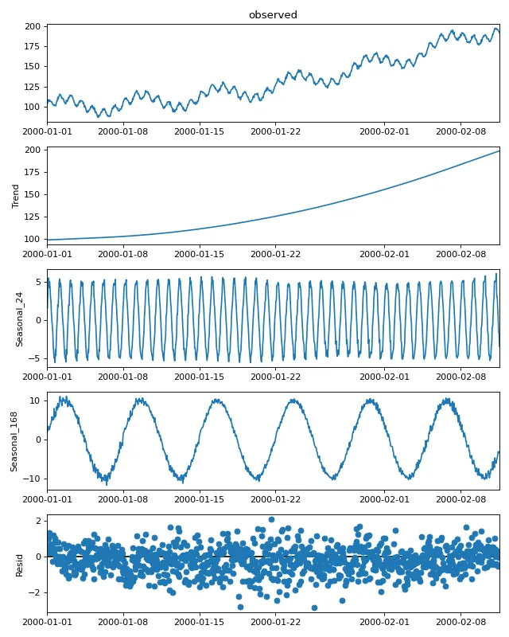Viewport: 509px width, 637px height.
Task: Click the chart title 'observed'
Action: [273, 15]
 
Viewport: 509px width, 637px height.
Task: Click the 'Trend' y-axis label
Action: [16, 196]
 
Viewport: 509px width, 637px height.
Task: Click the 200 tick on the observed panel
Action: [33, 27]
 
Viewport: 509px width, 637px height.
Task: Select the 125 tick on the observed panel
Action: [33, 87]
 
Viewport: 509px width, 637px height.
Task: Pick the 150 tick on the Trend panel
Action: [33, 194]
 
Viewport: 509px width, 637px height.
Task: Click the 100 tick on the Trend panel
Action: [33, 239]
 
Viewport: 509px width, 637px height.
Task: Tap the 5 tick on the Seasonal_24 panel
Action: [38, 282]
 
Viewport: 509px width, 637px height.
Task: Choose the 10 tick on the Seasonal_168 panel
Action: [36, 401]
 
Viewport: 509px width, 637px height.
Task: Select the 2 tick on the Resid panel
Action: [38, 521]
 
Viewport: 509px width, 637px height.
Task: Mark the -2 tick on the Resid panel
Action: [36, 592]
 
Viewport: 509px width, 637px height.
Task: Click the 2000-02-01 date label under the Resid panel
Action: [384, 623]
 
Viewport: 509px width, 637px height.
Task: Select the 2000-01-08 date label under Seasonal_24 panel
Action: [123, 377]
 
